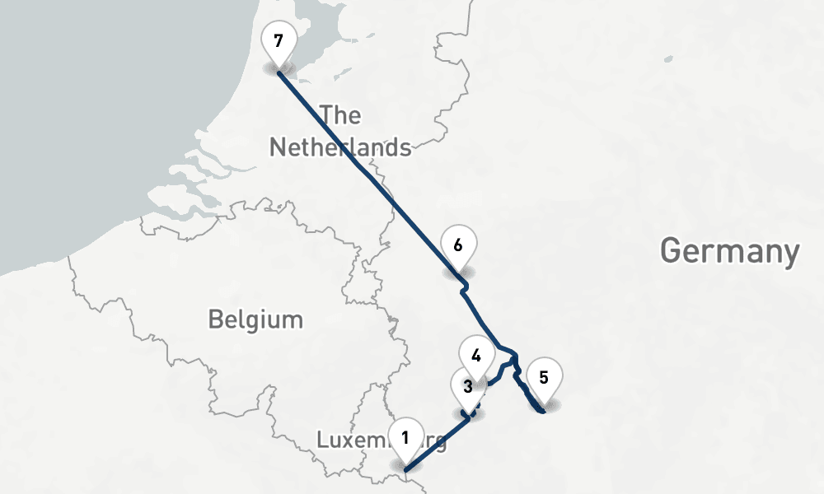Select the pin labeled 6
pyautogui.click(x=458, y=245)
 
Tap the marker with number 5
pyautogui.click(x=544, y=378)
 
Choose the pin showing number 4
pyautogui.click(x=475, y=357)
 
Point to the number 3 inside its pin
pyautogui.click(x=467, y=386)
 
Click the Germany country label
pyautogui.click(x=729, y=250)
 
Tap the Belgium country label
pyautogui.click(x=255, y=319)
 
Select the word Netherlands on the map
pyautogui.click(x=340, y=147)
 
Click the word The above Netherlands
pyautogui.click(x=340, y=114)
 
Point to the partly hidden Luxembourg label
pyautogui.click(x=354, y=440)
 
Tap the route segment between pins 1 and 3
pyautogui.click(x=437, y=445)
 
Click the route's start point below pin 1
pyautogui.click(x=405, y=471)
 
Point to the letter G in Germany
pyautogui.click(x=673, y=251)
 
